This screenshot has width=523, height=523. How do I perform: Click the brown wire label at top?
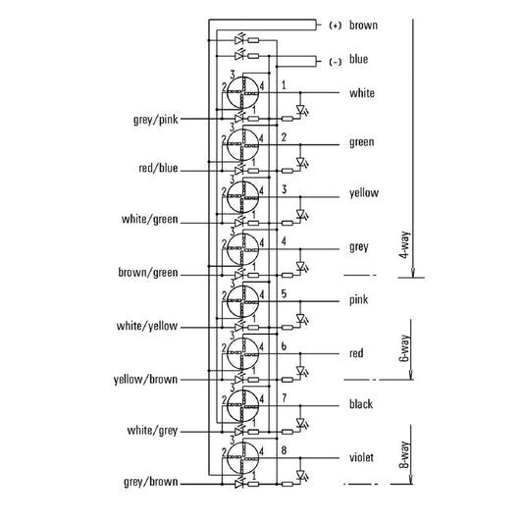point(363,26)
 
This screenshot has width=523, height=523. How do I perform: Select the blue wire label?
point(358,59)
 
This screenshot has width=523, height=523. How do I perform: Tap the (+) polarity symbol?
point(336,26)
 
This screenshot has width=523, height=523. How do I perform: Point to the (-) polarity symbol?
point(336,62)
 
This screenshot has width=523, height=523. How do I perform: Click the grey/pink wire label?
point(156,120)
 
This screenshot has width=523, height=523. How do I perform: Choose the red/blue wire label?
point(158,168)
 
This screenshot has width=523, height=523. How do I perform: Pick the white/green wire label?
point(150,220)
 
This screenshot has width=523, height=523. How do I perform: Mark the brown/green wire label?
point(148,273)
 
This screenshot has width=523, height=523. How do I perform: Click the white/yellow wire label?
point(147,326)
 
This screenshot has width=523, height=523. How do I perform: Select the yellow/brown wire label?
point(145,380)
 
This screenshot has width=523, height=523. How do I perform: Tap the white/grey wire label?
point(152,431)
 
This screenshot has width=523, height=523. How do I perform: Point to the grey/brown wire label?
point(151,482)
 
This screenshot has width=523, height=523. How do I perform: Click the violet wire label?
point(361,457)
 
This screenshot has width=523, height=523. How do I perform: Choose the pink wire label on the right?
point(358,300)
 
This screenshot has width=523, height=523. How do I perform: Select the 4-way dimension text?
point(404,245)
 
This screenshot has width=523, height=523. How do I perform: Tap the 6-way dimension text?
point(404,348)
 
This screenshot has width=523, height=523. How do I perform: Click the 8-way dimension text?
point(404,455)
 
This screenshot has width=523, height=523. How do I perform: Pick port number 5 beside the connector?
point(284,293)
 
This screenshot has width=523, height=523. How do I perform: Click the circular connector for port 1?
point(242,92)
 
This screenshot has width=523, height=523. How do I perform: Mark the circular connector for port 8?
point(242,457)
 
